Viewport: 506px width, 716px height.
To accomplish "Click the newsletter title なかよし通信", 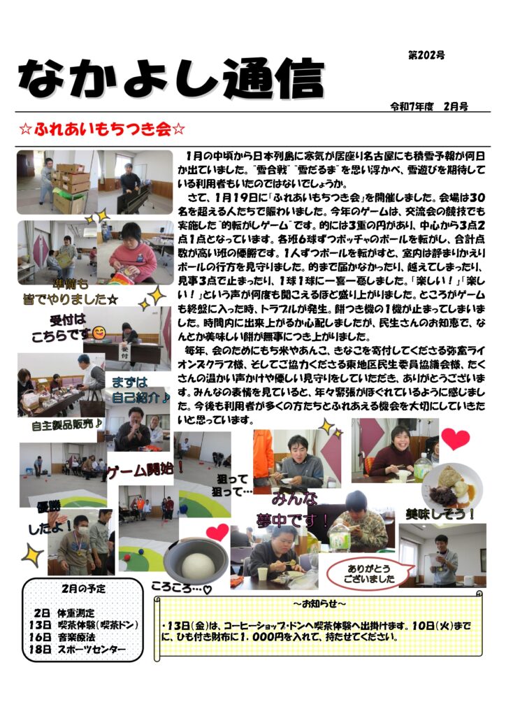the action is [x=171, y=78].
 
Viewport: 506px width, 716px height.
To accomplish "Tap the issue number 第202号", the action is [x=426, y=56].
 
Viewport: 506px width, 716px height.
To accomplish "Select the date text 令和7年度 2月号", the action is [x=429, y=107].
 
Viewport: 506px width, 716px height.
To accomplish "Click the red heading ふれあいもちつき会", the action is [x=102, y=129].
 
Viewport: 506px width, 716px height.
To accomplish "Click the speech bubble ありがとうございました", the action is [x=368, y=574].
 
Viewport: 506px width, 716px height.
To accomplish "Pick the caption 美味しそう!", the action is [x=440, y=515].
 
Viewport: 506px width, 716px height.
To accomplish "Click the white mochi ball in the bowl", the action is [x=198, y=564].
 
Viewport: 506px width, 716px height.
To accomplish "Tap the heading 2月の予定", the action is [x=83, y=589].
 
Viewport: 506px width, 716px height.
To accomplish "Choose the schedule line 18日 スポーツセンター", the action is [x=77, y=650].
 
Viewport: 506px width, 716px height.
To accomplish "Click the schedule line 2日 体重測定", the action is [x=64, y=613].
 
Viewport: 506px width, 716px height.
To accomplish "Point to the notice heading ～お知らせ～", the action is [x=319, y=603].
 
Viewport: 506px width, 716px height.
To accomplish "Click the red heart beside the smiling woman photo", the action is [x=455, y=439].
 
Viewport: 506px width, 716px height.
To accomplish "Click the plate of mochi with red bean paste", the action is [x=452, y=486].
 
